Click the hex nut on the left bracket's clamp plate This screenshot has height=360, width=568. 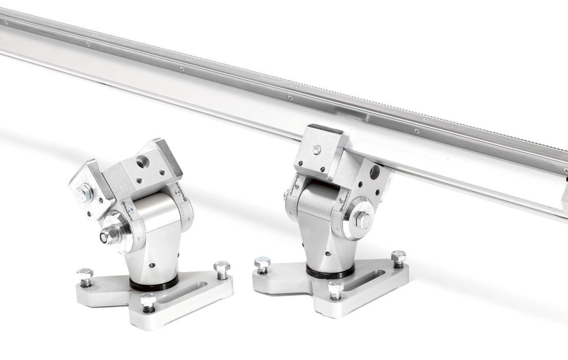coord(84,193)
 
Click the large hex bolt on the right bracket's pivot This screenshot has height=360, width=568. coord(363,220)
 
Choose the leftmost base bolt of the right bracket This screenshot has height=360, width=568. coord(262,263)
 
